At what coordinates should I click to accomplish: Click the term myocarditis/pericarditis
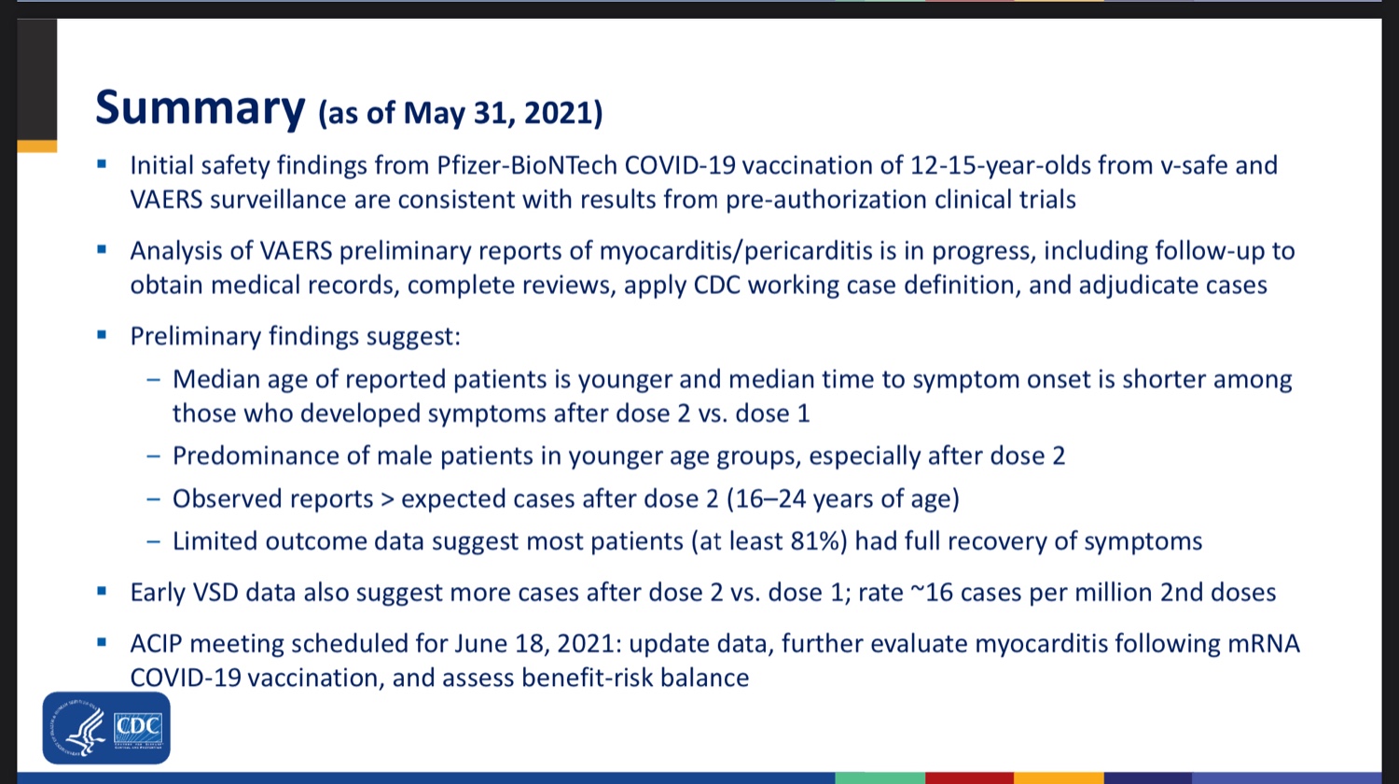coord(737,251)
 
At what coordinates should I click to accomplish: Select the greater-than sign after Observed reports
coord(387,499)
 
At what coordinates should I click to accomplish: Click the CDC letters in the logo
coord(138,726)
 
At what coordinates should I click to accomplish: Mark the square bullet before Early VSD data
coord(102,592)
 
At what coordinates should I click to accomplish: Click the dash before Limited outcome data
coord(154,541)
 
